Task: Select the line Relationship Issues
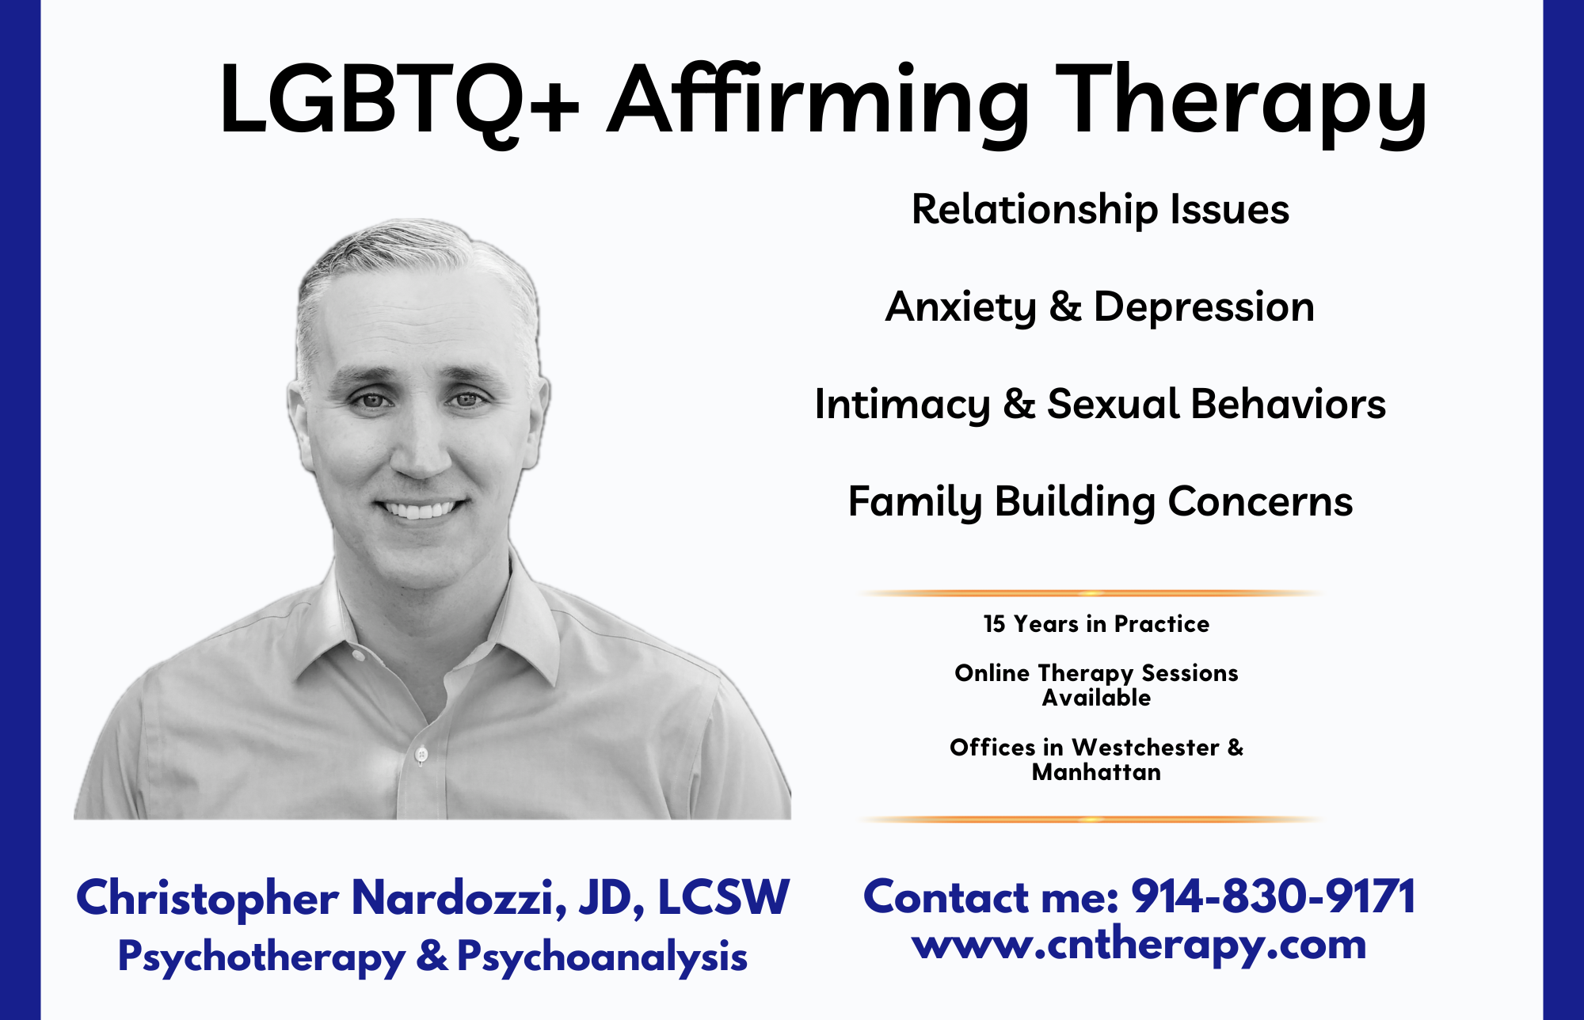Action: point(1100,210)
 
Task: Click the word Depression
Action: point(1204,308)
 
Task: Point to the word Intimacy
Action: point(902,405)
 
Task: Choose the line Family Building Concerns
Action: point(1100,502)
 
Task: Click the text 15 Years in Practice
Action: point(1096,624)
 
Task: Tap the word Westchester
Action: point(1145,747)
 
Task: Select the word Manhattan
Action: point(1096,772)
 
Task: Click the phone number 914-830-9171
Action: point(1274,897)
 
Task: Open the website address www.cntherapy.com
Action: point(1139,946)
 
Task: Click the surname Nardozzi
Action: point(459,898)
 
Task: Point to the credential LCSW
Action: point(723,898)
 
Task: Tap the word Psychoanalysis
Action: point(602,957)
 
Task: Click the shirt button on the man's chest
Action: point(421,753)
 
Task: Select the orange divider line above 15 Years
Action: point(1093,592)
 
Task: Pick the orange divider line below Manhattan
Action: point(1093,819)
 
